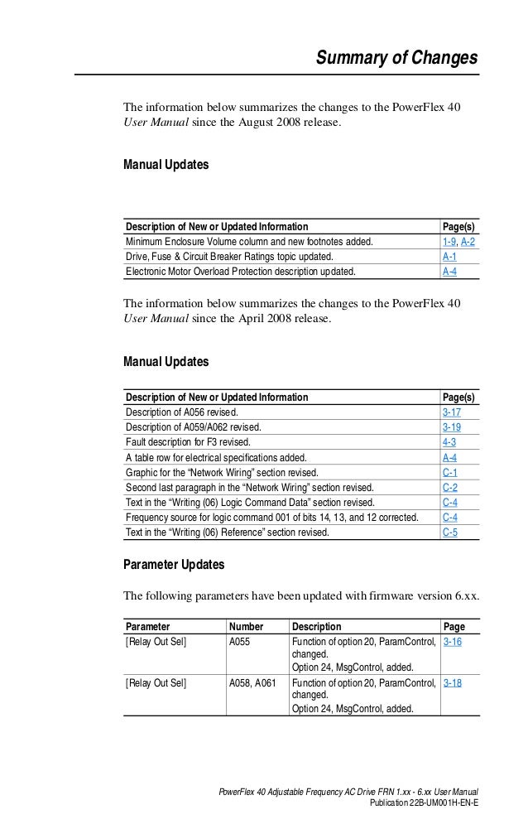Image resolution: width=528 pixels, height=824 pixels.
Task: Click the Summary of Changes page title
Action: tap(397, 58)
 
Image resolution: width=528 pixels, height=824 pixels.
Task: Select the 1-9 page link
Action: tap(449, 242)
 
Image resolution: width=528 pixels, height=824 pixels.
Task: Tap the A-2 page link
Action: tap(468, 242)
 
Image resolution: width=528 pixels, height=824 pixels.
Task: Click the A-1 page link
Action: tap(449, 257)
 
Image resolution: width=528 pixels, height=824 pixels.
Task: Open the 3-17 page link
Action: tap(452, 412)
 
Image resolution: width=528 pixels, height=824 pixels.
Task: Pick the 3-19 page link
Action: tap(452, 427)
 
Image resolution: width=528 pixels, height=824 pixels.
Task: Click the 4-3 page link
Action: tap(449, 442)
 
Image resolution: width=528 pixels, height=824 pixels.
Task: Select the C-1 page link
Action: tap(449, 472)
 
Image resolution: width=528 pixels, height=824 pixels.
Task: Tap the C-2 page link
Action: tap(449, 487)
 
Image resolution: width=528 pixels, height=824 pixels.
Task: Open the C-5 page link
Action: tap(449, 532)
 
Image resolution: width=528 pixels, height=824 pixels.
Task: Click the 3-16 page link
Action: tap(452, 642)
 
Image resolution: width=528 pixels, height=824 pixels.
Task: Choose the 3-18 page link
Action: tap(452, 684)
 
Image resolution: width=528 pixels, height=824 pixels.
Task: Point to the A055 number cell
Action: tap(240, 642)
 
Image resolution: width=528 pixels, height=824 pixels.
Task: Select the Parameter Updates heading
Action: tap(174, 565)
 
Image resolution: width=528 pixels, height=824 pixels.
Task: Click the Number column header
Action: tap(246, 627)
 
